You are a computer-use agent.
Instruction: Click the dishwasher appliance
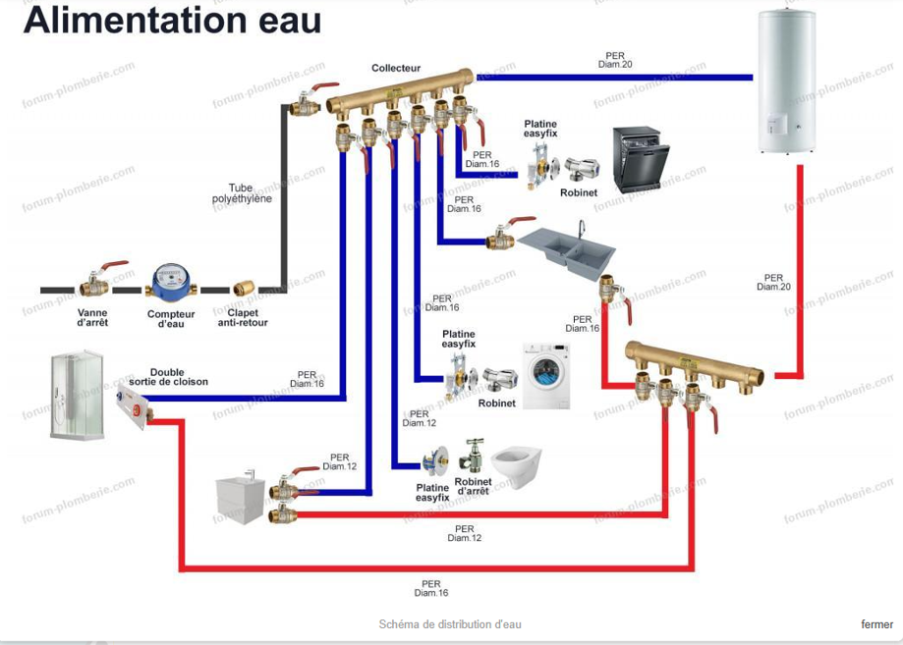[641, 159]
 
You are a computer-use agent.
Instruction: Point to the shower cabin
[77, 396]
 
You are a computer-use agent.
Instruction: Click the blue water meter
[171, 286]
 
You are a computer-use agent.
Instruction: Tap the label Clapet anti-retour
[243, 317]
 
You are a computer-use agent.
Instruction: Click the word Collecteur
[396, 69]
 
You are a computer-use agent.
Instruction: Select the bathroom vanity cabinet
[242, 499]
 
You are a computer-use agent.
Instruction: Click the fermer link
[876, 624]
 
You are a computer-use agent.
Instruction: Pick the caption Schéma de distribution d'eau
[450, 624]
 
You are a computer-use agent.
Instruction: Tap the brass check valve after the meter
[243, 290]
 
